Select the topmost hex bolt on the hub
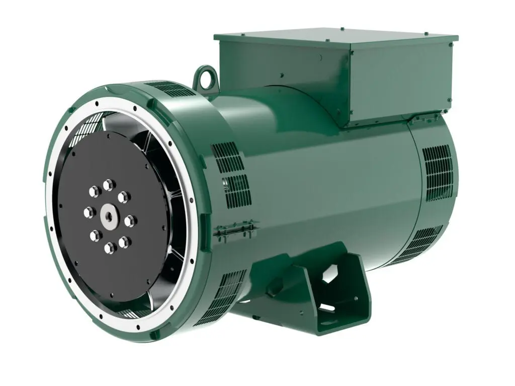(x=108, y=186)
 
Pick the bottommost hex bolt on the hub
(x=109, y=247)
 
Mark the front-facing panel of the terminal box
(x=282, y=75)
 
